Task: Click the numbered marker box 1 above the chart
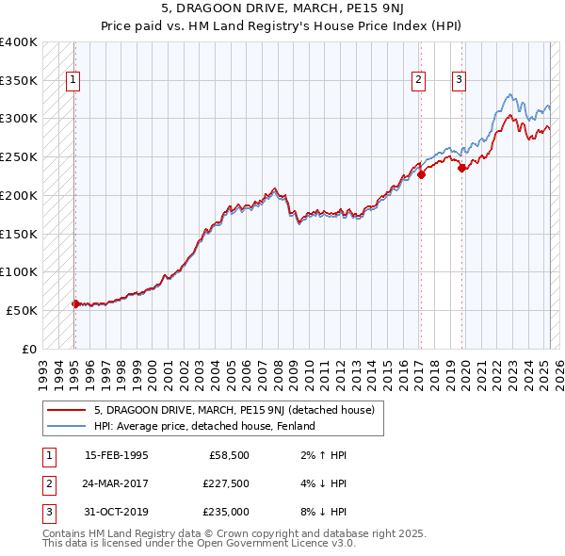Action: [73, 81]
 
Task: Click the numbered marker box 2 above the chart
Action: [417, 81]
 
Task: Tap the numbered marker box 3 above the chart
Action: [459, 81]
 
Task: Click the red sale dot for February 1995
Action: [75, 303]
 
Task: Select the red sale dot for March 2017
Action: [422, 173]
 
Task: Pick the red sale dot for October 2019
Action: [462, 168]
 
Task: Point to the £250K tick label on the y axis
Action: [19, 156]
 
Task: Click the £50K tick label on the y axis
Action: [23, 310]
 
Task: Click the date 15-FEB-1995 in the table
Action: [116, 454]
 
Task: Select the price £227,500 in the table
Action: [225, 484]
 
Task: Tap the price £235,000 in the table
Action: [225, 512]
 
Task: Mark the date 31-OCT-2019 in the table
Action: [116, 512]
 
